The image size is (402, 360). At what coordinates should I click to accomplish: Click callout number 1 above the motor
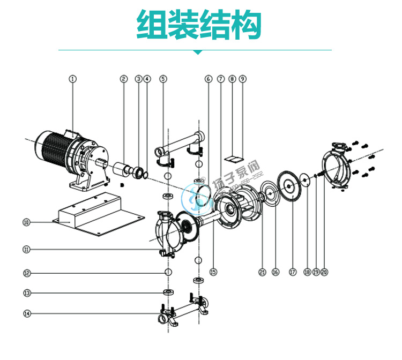tap(73, 79)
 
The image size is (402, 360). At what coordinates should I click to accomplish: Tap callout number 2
tap(123, 79)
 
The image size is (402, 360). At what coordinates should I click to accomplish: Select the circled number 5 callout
tap(163, 79)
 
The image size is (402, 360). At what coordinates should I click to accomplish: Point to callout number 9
tap(242, 79)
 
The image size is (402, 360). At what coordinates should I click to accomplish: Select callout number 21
tap(262, 272)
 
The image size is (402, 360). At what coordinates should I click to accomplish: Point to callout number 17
tap(293, 272)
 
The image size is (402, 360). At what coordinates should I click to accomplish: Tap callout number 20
tap(324, 272)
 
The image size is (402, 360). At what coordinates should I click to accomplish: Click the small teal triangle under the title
tap(198, 52)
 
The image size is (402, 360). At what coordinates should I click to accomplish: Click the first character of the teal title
tap(152, 24)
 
